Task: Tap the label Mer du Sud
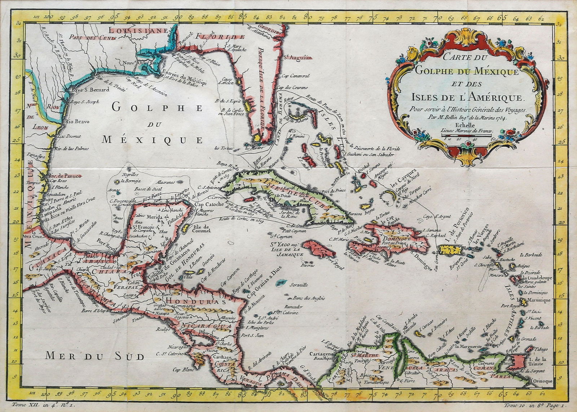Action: point(94,356)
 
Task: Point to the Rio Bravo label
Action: point(77,121)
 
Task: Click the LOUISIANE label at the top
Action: point(138,31)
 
